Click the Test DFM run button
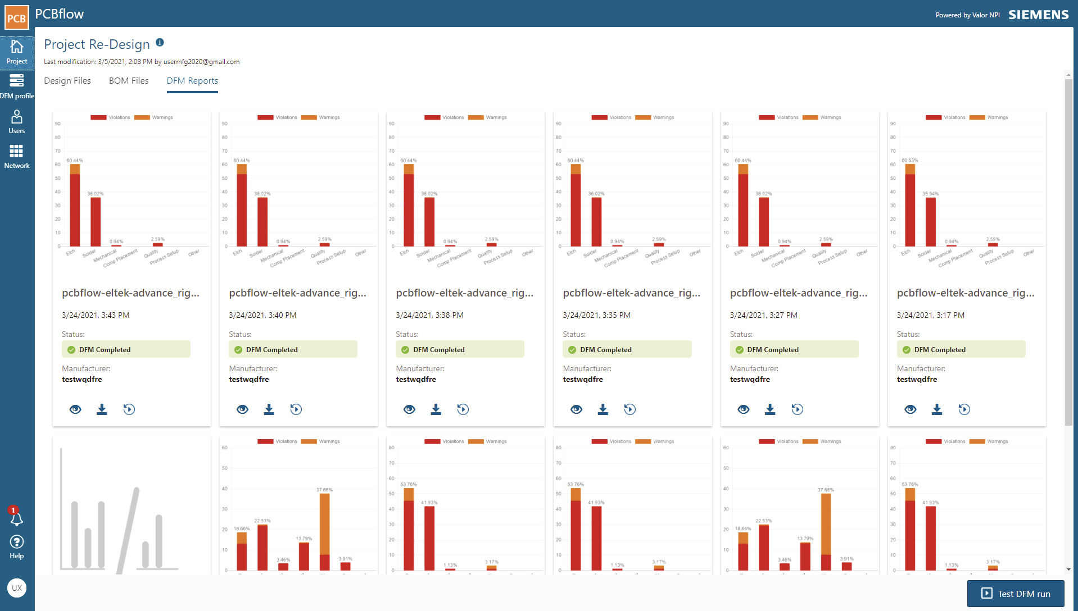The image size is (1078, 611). [x=1015, y=594]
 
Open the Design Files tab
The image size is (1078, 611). [x=67, y=81]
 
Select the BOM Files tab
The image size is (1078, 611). [x=129, y=81]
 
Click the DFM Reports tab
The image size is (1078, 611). [x=192, y=81]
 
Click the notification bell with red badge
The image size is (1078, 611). [x=16, y=518]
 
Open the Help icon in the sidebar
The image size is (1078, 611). [x=17, y=546]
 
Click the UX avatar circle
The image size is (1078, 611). [x=17, y=588]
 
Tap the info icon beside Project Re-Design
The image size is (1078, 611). [x=160, y=43]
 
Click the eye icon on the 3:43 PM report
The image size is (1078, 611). [x=75, y=409]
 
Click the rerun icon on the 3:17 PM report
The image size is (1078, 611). [x=964, y=409]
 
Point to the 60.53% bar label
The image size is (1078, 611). [x=910, y=161]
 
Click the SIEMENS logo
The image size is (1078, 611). [x=1038, y=15]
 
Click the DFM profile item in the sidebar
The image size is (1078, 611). [x=17, y=87]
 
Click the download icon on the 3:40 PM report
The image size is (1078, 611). [x=269, y=409]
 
